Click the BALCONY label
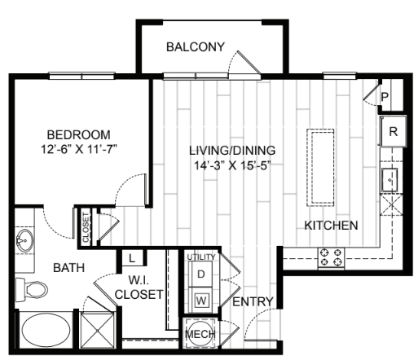tap(195, 47)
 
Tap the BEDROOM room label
tap(78, 134)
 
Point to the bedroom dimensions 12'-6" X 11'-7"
tap(78, 150)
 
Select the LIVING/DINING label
tap(232, 151)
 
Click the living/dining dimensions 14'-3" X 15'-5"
tap(232, 166)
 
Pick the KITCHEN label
tap(331, 226)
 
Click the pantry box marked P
tap(385, 95)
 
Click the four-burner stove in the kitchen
tap(331, 257)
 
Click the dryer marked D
tap(200, 274)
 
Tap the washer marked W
tap(200, 297)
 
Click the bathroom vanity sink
tap(24, 241)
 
